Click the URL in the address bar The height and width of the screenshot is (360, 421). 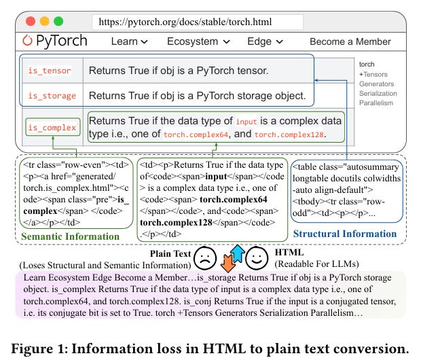(x=185, y=22)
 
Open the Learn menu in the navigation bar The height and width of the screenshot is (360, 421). (x=129, y=41)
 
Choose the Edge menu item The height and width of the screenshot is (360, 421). (x=264, y=41)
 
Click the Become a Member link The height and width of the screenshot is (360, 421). (x=350, y=41)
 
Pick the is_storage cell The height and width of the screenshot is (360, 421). (x=52, y=96)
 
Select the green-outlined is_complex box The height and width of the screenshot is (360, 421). (x=52, y=127)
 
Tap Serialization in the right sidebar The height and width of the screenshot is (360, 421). (x=378, y=93)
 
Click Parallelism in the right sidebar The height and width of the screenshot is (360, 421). (x=377, y=103)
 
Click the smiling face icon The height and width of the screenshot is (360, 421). (x=255, y=258)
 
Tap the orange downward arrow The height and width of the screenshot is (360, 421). (x=227, y=264)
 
